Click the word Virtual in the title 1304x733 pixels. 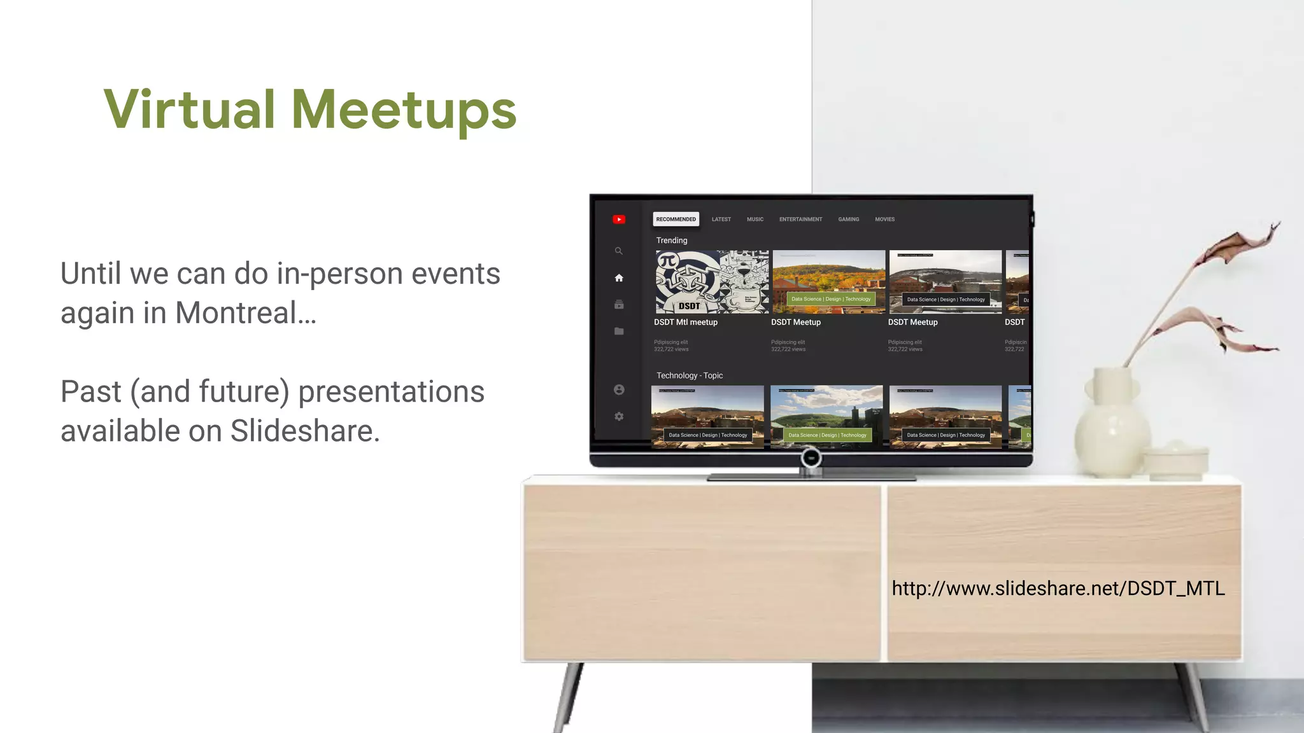click(189, 109)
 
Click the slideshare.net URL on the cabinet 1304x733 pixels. click(1058, 589)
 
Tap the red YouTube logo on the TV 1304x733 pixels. click(619, 220)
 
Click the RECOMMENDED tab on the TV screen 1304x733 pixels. click(676, 220)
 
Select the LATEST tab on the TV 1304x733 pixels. click(721, 220)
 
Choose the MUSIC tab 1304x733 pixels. click(755, 220)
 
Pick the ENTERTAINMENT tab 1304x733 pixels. click(800, 220)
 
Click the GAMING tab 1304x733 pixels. click(848, 220)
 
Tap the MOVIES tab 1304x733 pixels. click(884, 220)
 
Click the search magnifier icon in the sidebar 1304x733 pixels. click(618, 251)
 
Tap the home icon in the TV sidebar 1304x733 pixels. click(619, 278)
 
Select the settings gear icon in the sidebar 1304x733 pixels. click(619, 416)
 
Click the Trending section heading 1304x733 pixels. click(672, 241)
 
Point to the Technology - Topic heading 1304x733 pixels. click(690, 376)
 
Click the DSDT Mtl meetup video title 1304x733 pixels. click(686, 323)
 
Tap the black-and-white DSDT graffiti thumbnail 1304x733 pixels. click(712, 282)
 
